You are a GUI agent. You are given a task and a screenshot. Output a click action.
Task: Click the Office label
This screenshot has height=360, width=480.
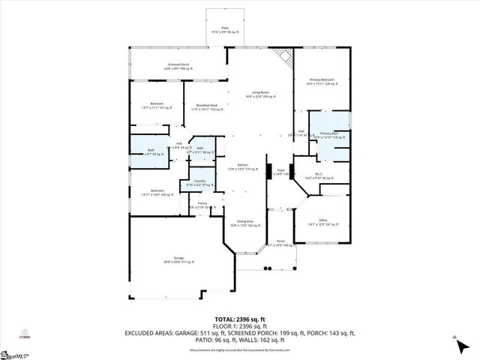click(322, 222)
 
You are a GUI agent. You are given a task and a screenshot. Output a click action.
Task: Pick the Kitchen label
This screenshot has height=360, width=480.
click(242, 166)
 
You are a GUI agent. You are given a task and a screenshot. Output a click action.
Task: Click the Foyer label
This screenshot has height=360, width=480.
click(281, 171)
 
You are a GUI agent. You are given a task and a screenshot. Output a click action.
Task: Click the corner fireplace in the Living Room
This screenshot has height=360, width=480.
click(283, 56)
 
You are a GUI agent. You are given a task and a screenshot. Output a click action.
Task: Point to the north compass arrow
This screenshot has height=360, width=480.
click(455, 342)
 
